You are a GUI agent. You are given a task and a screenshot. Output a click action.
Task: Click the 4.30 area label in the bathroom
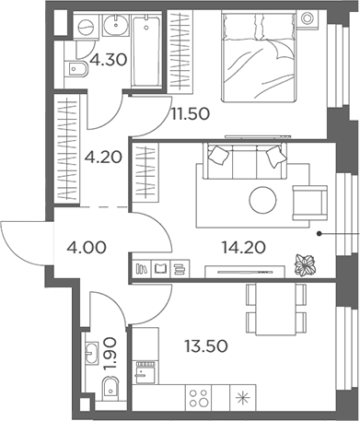click(x=109, y=60)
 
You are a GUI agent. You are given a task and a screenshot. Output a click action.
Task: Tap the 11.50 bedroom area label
click(x=191, y=114)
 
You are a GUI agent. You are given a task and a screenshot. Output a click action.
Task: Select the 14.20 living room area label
click(x=244, y=248)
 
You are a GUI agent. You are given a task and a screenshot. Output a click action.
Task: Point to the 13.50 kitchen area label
click(x=206, y=346)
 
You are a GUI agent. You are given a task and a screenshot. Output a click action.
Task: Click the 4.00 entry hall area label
click(x=87, y=248)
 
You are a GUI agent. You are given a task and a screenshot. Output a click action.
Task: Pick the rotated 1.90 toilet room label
click(x=110, y=354)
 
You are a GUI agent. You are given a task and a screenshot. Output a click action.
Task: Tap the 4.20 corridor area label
click(x=103, y=158)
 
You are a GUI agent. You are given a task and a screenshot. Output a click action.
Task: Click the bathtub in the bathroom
click(x=146, y=51)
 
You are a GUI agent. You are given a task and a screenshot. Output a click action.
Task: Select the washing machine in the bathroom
click(x=86, y=27)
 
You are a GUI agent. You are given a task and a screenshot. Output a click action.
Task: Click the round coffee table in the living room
click(x=262, y=200)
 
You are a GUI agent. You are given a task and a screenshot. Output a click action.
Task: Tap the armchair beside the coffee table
click(x=310, y=203)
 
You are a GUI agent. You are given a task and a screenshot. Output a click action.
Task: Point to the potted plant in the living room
click(x=306, y=265)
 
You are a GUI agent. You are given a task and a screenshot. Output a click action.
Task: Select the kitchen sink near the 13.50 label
click(x=145, y=372)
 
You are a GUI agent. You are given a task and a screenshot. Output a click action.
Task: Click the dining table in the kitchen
click(x=275, y=309)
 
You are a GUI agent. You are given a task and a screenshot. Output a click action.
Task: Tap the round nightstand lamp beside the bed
click(x=307, y=18)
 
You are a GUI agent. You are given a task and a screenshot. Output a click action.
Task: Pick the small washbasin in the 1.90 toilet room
click(x=91, y=353)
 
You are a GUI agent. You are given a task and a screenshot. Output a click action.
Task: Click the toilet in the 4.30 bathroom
click(x=76, y=69)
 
